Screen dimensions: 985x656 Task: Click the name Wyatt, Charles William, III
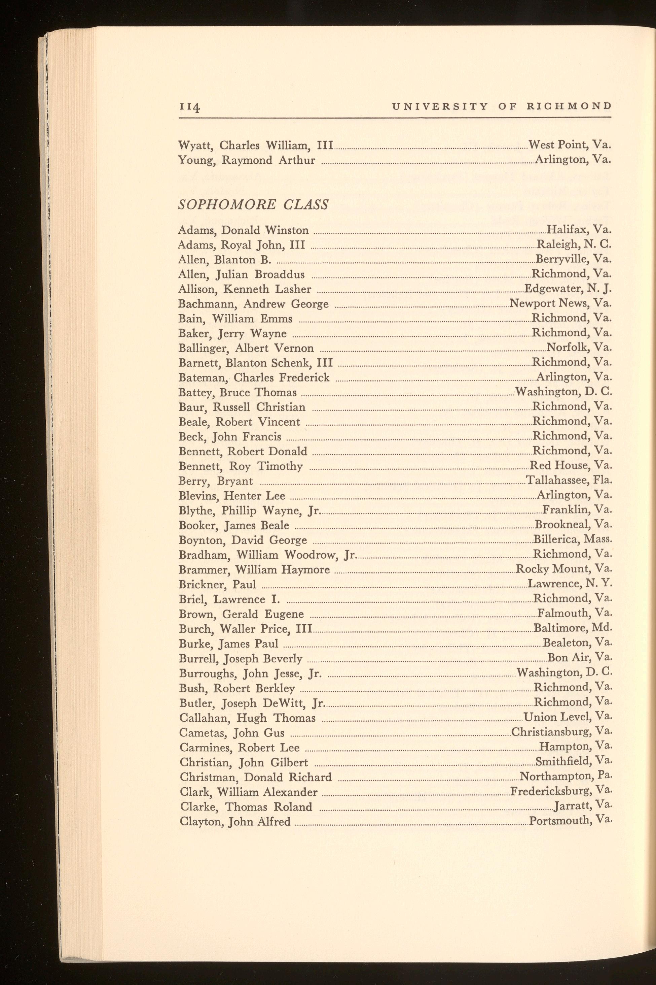255,145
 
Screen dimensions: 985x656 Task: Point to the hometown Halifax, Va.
579,230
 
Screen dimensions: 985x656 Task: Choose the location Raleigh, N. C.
574,244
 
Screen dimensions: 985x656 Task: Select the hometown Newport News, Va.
560,303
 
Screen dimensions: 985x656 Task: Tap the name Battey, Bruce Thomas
237,392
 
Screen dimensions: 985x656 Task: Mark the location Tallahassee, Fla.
569,480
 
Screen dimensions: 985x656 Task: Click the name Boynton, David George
243,540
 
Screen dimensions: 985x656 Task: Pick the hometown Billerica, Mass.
572,539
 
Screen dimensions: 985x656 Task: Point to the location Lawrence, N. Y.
570,583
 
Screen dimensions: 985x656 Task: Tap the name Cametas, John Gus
232,733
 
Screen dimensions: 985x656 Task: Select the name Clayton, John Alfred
235,822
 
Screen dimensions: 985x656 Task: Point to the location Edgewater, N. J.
568,289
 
